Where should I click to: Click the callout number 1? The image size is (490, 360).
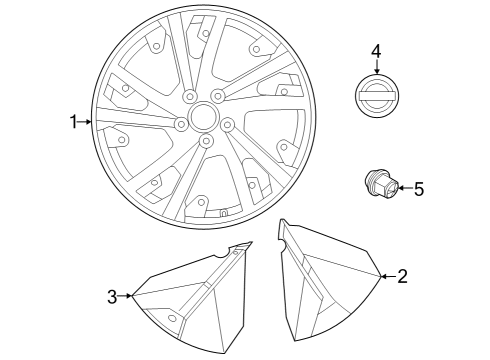pos(72,122)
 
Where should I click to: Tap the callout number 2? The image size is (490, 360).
pos(402,276)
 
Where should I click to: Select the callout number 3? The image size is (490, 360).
pos(113,295)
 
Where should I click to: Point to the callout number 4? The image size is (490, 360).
pos(376,51)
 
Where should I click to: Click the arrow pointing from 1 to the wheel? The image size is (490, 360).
pos(86,122)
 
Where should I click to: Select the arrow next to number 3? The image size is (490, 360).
pos(127,295)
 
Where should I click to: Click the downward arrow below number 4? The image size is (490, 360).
pos(376,68)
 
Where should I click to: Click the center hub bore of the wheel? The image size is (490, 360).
pos(203,117)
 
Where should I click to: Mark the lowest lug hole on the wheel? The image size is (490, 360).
pos(206,142)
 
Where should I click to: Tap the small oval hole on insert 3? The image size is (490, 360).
pos(172,318)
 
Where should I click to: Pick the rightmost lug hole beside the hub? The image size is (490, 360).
pos(227,125)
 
